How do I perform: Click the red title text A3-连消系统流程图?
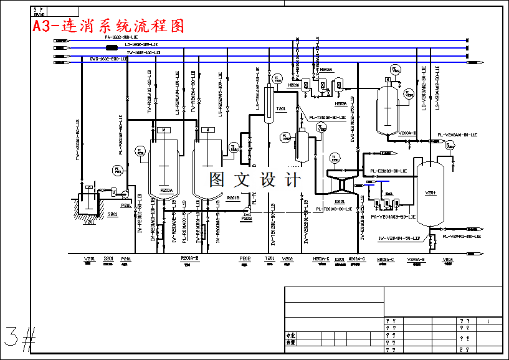coord(110,26)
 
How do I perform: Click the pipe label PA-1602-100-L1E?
coord(122,38)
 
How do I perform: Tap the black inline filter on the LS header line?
coord(112,47)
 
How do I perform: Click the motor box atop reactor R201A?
coord(163,130)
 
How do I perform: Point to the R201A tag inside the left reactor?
coord(166,191)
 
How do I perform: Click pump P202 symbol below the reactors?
coord(246,212)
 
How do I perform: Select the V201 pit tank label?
coord(90,221)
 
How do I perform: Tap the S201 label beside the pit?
coord(113,215)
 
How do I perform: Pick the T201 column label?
coord(281,109)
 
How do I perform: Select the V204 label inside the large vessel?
coord(430,193)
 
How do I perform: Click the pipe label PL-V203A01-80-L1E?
coord(457,135)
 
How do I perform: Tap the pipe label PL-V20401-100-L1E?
coord(461,237)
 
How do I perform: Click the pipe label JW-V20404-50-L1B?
coord(399,238)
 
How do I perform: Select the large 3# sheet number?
coord(19,338)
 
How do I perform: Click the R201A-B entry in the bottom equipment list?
coord(189,258)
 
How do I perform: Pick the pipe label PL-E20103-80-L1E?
coord(388,171)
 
